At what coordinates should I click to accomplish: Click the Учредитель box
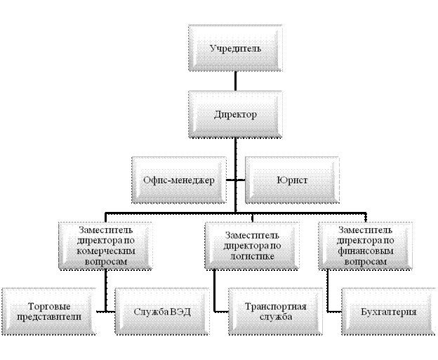coord(235,48)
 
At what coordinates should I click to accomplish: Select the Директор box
coord(235,113)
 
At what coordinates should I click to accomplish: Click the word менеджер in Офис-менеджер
coord(194,180)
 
